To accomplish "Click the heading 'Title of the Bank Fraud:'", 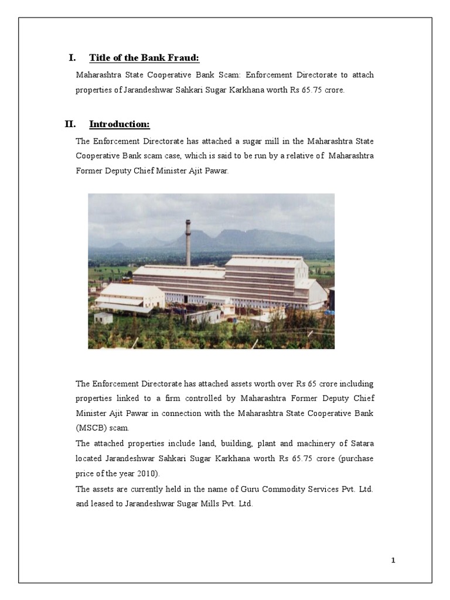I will [144, 57].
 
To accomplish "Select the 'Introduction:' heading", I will [120, 124].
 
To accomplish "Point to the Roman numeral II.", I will [70, 124].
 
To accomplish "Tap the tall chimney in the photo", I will [188, 242].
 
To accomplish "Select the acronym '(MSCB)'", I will [89, 428].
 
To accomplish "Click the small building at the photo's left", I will [103, 318].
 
